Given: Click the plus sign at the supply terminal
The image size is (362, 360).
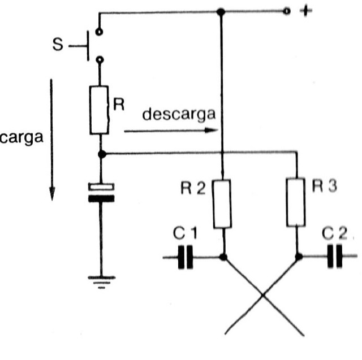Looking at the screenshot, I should pyautogui.click(x=305, y=11).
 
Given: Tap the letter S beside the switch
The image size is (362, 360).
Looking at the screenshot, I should pyautogui.click(x=58, y=45).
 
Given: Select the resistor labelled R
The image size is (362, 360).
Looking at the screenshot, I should pyautogui.click(x=100, y=110).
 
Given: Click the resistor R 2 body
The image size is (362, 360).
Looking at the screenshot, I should pyautogui.click(x=222, y=203).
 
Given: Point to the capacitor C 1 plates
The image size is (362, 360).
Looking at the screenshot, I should pyautogui.click(x=184, y=257).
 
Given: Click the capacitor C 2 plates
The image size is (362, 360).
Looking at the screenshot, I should pyautogui.click(x=334, y=257).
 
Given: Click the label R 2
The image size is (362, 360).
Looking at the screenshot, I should pyautogui.click(x=193, y=188).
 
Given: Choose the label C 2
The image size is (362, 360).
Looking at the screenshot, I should pyautogui.click(x=334, y=232).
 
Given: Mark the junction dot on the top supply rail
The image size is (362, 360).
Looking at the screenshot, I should pyautogui.click(x=222, y=11).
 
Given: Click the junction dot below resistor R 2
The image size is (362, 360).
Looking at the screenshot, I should pyautogui.click(x=223, y=257).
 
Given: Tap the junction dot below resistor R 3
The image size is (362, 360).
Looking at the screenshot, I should pyautogui.click(x=298, y=257).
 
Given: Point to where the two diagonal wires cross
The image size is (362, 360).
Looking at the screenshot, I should pyautogui.click(x=262, y=295).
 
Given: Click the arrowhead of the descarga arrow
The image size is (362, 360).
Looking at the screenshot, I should pyautogui.click(x=214, y=131).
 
